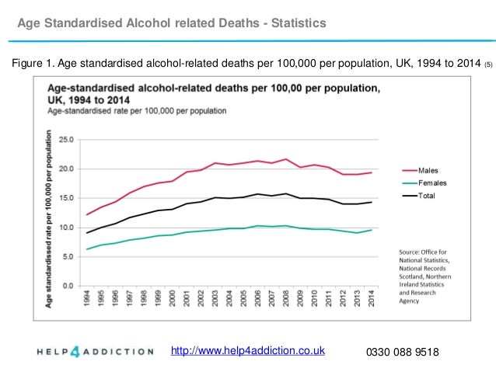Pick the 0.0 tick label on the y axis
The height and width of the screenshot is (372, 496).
(x=68, y=286)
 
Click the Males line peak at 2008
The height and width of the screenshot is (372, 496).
(x=286, y=159)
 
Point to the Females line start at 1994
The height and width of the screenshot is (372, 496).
(x=89, y=249)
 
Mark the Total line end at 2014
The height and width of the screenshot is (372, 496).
(x=371, y=202)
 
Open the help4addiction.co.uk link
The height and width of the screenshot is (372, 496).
(x=252, y=352)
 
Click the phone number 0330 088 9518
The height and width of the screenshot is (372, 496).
(x=402, y=353)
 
